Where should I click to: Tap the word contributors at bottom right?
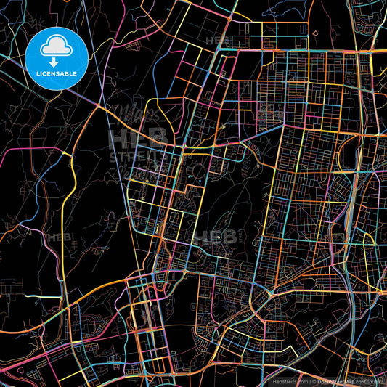[x=368, y=380]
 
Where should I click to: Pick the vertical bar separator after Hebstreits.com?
[x=309, y=380]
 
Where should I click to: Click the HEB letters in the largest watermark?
[x=138, y=138]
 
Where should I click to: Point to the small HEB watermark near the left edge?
[x=56, y=237]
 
